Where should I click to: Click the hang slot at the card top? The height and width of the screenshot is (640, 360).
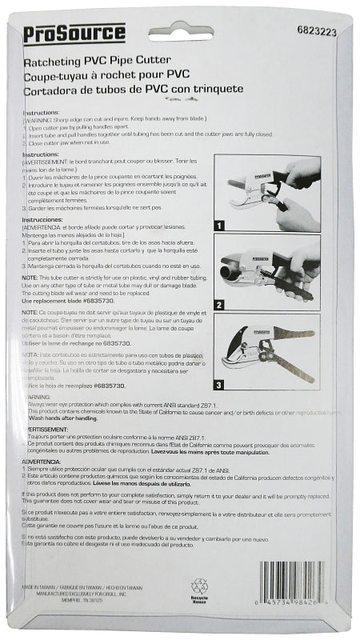pos(180,35)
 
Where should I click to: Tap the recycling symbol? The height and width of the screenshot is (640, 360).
pos(199,588)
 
